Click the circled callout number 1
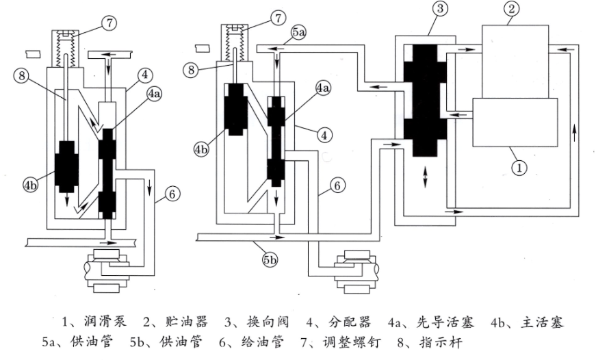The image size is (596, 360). click(519, 165)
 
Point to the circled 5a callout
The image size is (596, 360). click(298, 32)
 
